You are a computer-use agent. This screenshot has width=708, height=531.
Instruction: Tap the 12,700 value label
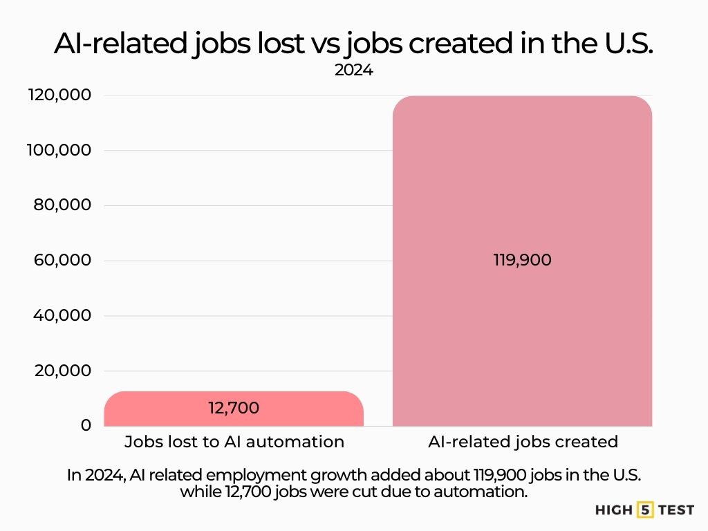click(x=234, y=408)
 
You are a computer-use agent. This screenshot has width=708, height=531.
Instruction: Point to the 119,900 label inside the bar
click(x=522, y=261)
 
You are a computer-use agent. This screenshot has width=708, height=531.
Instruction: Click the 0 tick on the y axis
click(x=86, y=425)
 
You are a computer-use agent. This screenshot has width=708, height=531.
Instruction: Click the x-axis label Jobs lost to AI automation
click(x=234, y=442)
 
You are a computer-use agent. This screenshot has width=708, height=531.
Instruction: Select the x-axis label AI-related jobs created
click(x=522, y=442)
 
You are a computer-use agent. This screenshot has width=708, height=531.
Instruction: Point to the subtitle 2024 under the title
click(x=353, y=70)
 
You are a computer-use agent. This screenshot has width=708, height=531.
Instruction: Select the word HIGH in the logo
click(x=613, y=510)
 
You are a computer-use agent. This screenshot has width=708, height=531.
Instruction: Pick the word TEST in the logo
click(x=671, y=510)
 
